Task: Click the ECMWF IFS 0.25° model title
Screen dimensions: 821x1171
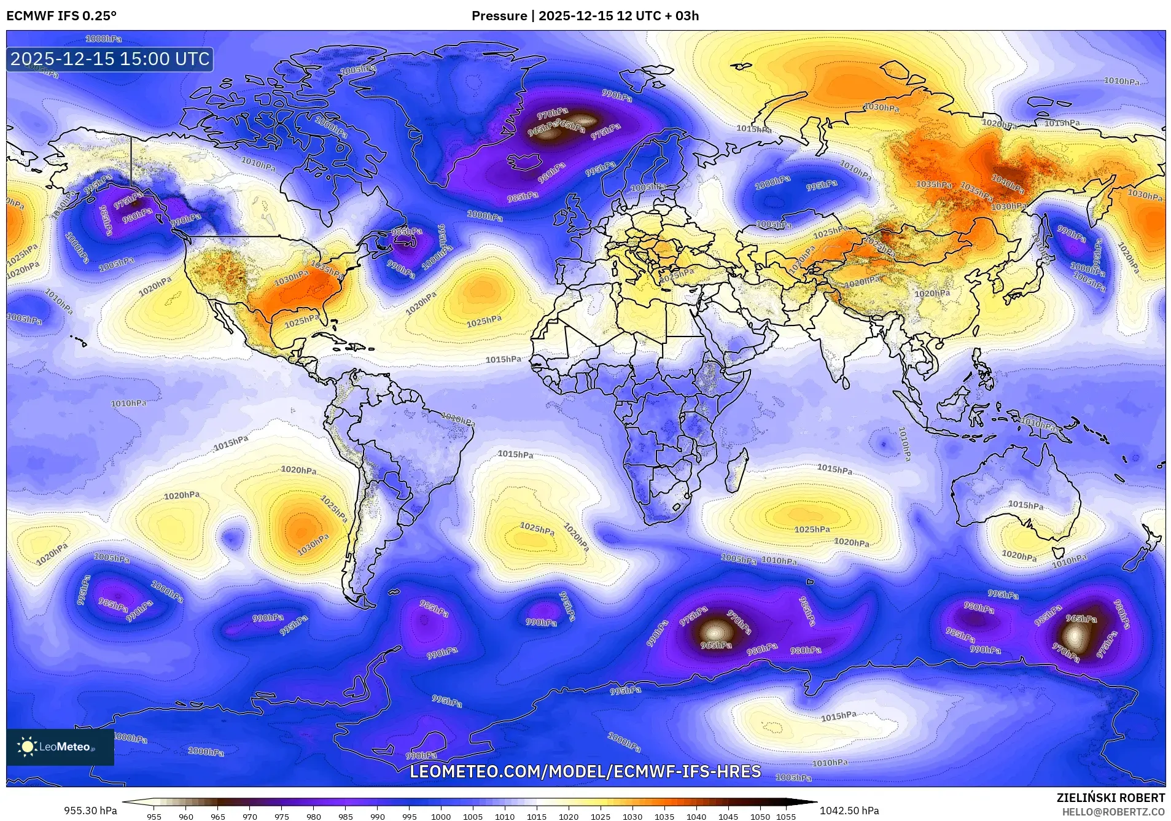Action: click(x=61, y=16)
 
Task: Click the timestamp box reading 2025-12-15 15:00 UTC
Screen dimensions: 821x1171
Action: click(x=110, y=59)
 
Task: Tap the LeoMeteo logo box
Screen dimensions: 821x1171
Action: click(x=60, y=747)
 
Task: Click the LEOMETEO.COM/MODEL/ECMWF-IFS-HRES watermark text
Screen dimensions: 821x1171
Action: click(x=585, y=771)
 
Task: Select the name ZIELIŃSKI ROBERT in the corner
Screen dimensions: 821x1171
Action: click(x=1110, y=798)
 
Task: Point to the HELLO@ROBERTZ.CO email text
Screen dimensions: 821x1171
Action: click(x=1113, y=812)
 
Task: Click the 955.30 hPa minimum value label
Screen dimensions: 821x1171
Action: click(x=90, y=811)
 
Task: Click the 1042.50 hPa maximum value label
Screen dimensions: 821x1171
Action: click(x=849, y=811)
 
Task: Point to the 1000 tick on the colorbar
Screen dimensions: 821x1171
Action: click(x=441, y=816)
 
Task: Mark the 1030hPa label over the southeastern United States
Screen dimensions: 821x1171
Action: click(x=291, y=278)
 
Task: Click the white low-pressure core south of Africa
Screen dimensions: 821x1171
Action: click(x=715, y=631)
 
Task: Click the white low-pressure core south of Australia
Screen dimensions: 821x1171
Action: click(x=1075, y=636)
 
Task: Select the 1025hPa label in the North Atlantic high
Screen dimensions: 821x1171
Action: click(x=484, y=321)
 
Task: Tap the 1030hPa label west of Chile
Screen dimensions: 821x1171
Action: click(x=313, y=544)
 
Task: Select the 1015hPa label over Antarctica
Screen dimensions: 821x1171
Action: click(x=838, y=716)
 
